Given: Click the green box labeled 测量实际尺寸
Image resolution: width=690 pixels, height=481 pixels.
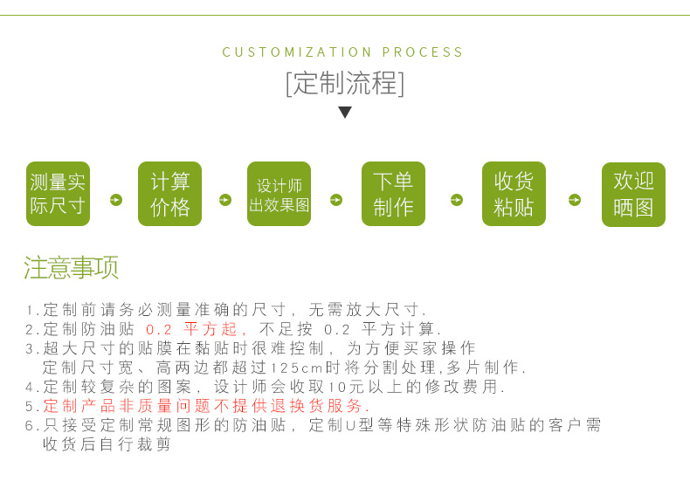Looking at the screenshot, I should [58, 194].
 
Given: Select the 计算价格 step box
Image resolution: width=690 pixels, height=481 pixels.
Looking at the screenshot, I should [169, 194].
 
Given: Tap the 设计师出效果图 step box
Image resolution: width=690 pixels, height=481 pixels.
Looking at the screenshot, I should [279, 194].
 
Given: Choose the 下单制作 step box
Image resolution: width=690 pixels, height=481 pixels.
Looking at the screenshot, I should [393, 194].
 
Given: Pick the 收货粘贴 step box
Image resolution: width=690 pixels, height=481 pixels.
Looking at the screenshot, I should [514, 194].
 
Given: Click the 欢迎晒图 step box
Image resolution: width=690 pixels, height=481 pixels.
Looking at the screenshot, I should [633, 194].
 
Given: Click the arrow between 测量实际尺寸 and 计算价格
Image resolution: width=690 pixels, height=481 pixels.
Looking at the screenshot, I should [116, 200].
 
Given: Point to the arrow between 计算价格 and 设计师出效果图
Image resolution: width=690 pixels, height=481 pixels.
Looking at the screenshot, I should [225, 200].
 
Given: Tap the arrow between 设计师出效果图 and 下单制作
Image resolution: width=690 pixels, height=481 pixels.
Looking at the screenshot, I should [336, 200].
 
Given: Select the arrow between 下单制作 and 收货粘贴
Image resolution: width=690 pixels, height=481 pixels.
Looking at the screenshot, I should [456, 200].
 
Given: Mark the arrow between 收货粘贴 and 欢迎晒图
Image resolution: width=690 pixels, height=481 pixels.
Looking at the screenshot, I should [574, 200].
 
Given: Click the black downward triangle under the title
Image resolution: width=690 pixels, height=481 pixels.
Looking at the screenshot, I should [345, 112].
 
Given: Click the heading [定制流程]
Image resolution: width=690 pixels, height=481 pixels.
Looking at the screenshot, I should [345, 84].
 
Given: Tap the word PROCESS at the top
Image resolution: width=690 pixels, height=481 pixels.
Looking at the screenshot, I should [423, 52].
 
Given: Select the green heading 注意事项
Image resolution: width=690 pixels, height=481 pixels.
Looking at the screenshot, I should [71, 268].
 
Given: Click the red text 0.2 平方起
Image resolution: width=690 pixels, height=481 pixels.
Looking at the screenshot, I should [191, 329].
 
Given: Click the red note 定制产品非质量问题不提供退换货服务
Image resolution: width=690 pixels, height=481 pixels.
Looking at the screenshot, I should [206, 406].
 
